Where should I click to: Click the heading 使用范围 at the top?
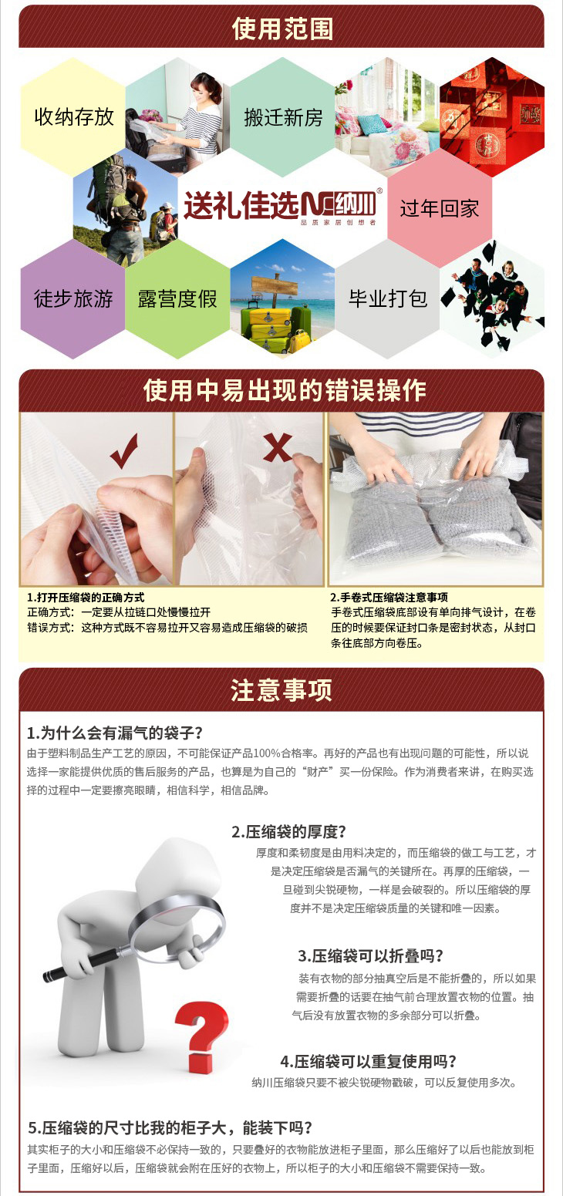[282, 29]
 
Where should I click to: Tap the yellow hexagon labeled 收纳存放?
[73, 117]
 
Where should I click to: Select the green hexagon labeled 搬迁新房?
[282, 117]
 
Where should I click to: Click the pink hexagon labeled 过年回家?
[440, 207]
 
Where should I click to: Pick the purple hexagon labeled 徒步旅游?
[73, 298]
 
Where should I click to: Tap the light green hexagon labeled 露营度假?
[178, 298]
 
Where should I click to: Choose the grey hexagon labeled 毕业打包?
[387, 298]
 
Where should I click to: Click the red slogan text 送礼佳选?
[241, 205]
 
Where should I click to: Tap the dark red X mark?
[278, 447]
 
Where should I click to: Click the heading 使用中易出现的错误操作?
[285, 390]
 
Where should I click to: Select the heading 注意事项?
[281, 690]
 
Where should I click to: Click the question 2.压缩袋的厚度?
[289, 831]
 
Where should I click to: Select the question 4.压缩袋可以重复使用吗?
[369, 1061]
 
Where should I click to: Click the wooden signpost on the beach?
[274, 291]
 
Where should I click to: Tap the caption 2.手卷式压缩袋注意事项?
[389, 597]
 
